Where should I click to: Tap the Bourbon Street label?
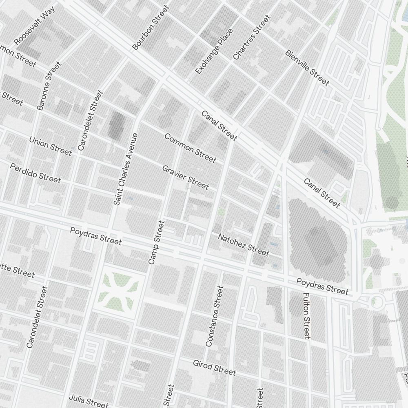(x=151, y=28)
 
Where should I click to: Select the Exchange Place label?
(x=214, y=51)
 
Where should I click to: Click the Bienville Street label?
(x=307, y=68)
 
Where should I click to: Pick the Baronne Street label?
(x=49, y=86)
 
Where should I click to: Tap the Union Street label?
(x=50, y=146)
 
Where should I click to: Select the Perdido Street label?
(x=35, y=173)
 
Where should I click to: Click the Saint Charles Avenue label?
(x=126, y=169)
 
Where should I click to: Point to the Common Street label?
(x=190, y=148)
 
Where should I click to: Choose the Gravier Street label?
(x=185, y=177)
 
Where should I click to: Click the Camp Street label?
(x=157, y=242)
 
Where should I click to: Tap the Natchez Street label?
(x=244, y=245)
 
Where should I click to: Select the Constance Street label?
(x=215, y=316)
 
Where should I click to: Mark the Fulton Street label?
(x=307, y=315)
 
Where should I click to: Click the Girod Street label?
(x=214, y=367)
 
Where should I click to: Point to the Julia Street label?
(x=89, y=401)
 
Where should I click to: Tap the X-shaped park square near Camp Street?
(x=120, y=290)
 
